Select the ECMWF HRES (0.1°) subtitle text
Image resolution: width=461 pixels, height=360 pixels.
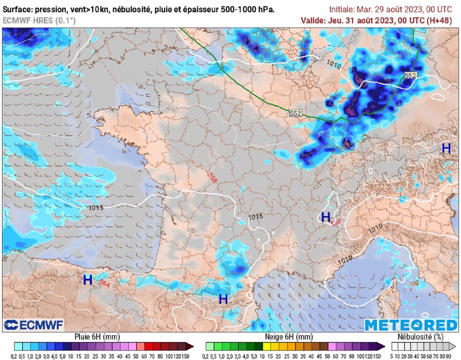[39, 20]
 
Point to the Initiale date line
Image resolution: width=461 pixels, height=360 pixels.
[390, 9]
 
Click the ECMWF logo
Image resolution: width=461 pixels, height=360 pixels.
[33, 325]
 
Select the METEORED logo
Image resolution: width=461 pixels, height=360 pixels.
[411, 325]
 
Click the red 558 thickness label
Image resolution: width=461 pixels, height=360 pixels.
[213, 177]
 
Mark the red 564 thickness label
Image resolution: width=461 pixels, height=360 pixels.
[104, 284]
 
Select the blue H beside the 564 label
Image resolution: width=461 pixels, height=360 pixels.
[88, 280]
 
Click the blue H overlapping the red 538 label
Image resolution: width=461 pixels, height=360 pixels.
[325, 217]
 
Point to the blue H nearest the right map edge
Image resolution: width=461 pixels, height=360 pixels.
[446, 148]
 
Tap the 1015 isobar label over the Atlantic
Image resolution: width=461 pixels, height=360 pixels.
[96, 208]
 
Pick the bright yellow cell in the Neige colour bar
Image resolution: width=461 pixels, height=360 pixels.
[267, 346]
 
